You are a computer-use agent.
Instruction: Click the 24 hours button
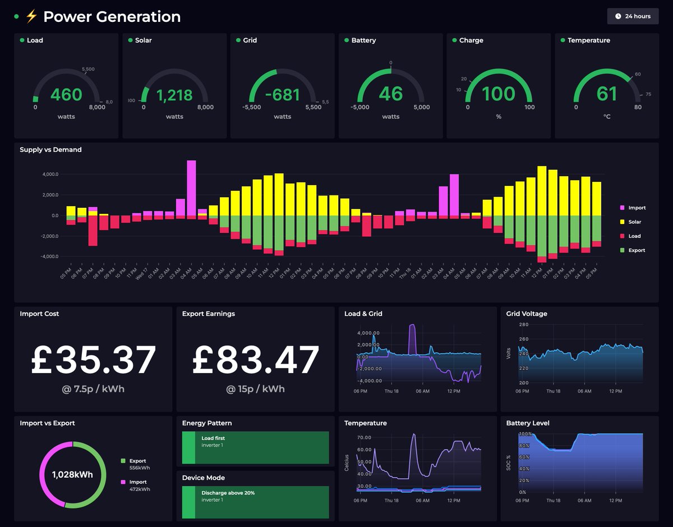[x=633, y=16]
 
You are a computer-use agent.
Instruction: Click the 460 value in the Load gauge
[x=66, y=95]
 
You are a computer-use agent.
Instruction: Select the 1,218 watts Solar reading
[x=174, y=95]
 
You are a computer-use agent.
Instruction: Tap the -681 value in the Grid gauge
[x=283, y=95]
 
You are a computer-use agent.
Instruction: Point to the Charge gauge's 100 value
[x=499, y=94]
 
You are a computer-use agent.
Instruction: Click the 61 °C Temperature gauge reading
[x=607, y=94]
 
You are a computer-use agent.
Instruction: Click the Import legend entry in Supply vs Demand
[x=637, y=208]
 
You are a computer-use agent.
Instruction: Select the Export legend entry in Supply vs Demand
[x=637, y=250]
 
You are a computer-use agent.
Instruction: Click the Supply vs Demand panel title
[x=50, y=150]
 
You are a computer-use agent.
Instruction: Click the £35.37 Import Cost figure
[x=93, y=360]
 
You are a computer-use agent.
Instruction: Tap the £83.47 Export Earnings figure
[x=256, y=360]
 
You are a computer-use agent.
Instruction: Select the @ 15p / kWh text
[x=256, y=389]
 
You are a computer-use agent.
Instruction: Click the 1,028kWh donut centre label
[x=72, y=475]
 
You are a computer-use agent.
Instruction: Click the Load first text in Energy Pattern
[x=213, y=439]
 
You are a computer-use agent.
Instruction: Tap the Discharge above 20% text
[x=228, y=493]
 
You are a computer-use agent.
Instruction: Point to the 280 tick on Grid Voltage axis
[x=523, y=325]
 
